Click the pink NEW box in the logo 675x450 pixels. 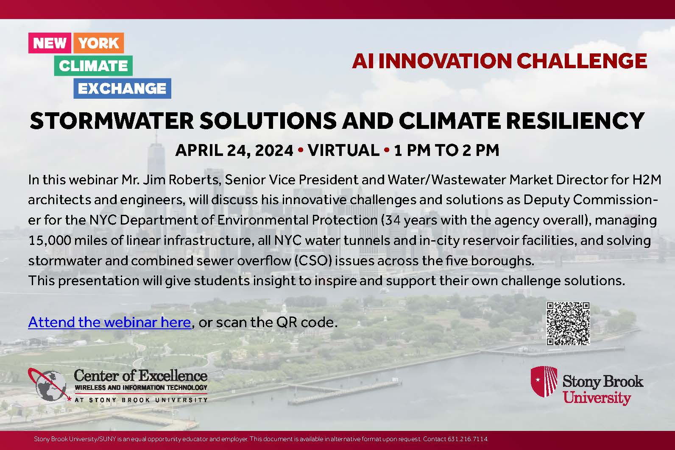[50, 43]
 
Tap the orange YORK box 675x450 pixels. [99, 43]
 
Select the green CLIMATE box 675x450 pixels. [93, 66]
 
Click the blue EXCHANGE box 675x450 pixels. [123, 88]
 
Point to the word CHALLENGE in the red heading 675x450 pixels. [582, 61]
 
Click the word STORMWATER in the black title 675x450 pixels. [112, 121]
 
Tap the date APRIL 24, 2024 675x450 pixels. [234, 150]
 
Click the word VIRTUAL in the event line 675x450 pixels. [343, 150]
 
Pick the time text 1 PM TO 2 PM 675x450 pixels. [446, 150]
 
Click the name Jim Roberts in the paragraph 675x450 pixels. [181, 180]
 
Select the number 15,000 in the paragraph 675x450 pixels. [49, 241]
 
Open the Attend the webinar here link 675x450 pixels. [110, 322]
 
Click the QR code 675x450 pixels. [568, 323]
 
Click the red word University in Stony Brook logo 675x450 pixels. [597, 397]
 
